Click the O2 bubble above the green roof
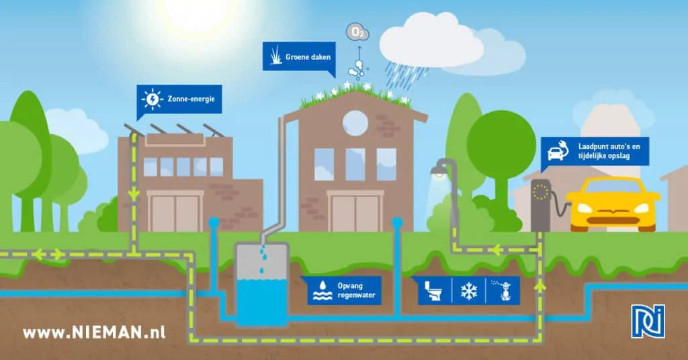(x=357, y=32)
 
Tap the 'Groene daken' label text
(x=308, y=56)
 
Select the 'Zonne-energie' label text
(x=191, y=99)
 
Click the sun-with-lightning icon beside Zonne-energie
(x=153, y=99)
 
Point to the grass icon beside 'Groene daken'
(x=276, y=56)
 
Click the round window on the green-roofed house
(x=355, y=123)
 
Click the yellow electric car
(x=613, y=205)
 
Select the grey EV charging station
(x=541, y=206)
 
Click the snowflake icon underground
(x=468, y=291)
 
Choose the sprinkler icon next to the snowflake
(x=504, y=290)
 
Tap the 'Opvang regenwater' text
(x=356, y=290)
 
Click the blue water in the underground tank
(x=262, y=302)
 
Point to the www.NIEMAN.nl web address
(x=94, y=332)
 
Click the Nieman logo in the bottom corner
(x=648, y=322)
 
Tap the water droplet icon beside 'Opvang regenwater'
(x=322, y=290)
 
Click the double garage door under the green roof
(x=355, y=213)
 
